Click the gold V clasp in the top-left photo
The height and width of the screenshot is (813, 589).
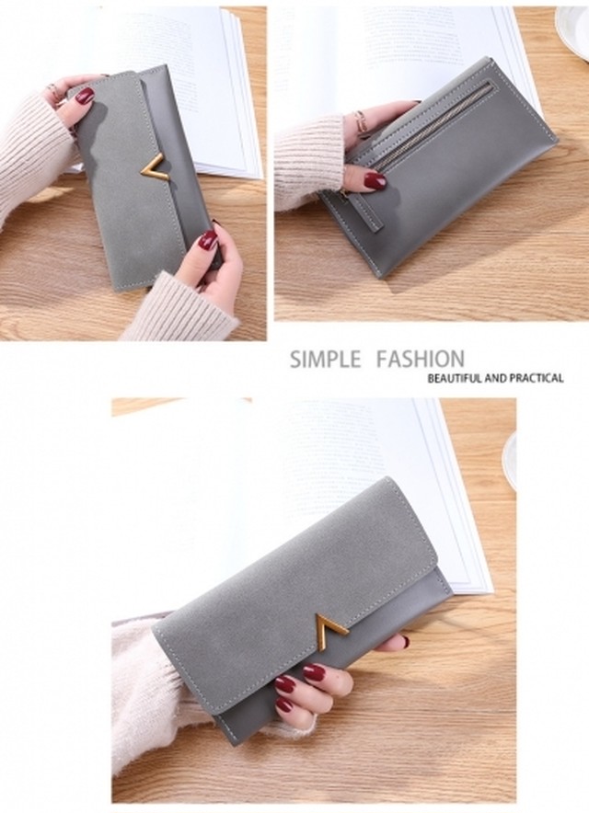tap(155, 167)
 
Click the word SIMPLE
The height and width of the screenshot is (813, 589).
tap(326, 360)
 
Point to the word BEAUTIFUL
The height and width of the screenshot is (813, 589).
tap(455, 378)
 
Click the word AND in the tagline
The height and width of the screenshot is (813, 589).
tap(495, 378)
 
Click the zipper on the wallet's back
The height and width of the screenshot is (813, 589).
tap(433, 125)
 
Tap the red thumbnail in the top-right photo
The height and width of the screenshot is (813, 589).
tap(375, 180)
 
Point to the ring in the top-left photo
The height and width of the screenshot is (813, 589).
tap(55, 93)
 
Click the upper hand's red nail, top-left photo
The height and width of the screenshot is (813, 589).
tap(85, 96)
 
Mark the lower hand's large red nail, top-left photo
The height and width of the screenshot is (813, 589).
tap(208, 240)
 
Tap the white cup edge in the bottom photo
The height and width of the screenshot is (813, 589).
tap(509, 461)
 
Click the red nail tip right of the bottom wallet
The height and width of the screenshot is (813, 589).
tap(405, 641)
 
